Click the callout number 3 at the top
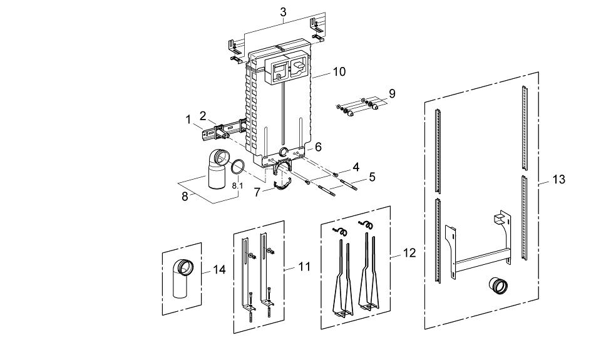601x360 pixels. tap(283, 12)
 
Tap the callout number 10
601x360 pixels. tap(339, 72)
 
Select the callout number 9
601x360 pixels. tap(392, 93)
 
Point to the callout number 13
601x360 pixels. tap(559, 179)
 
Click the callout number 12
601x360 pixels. tap(409, 253)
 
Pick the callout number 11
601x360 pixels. tap(304, 267)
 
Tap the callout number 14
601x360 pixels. tap(219, 270)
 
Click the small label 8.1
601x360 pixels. tap(238, 186)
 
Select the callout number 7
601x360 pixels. tap(257, 192)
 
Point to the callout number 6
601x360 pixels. tap(318, 147)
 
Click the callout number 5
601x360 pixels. tap(372, 177)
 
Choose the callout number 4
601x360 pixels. tap(356, 167)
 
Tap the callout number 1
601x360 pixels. tap(188, 120)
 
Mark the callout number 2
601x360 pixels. tap(203, 115)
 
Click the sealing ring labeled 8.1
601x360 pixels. tap(238, 167)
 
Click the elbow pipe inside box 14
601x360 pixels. tap(181, 279)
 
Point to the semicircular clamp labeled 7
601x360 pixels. tap(282, 187)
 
